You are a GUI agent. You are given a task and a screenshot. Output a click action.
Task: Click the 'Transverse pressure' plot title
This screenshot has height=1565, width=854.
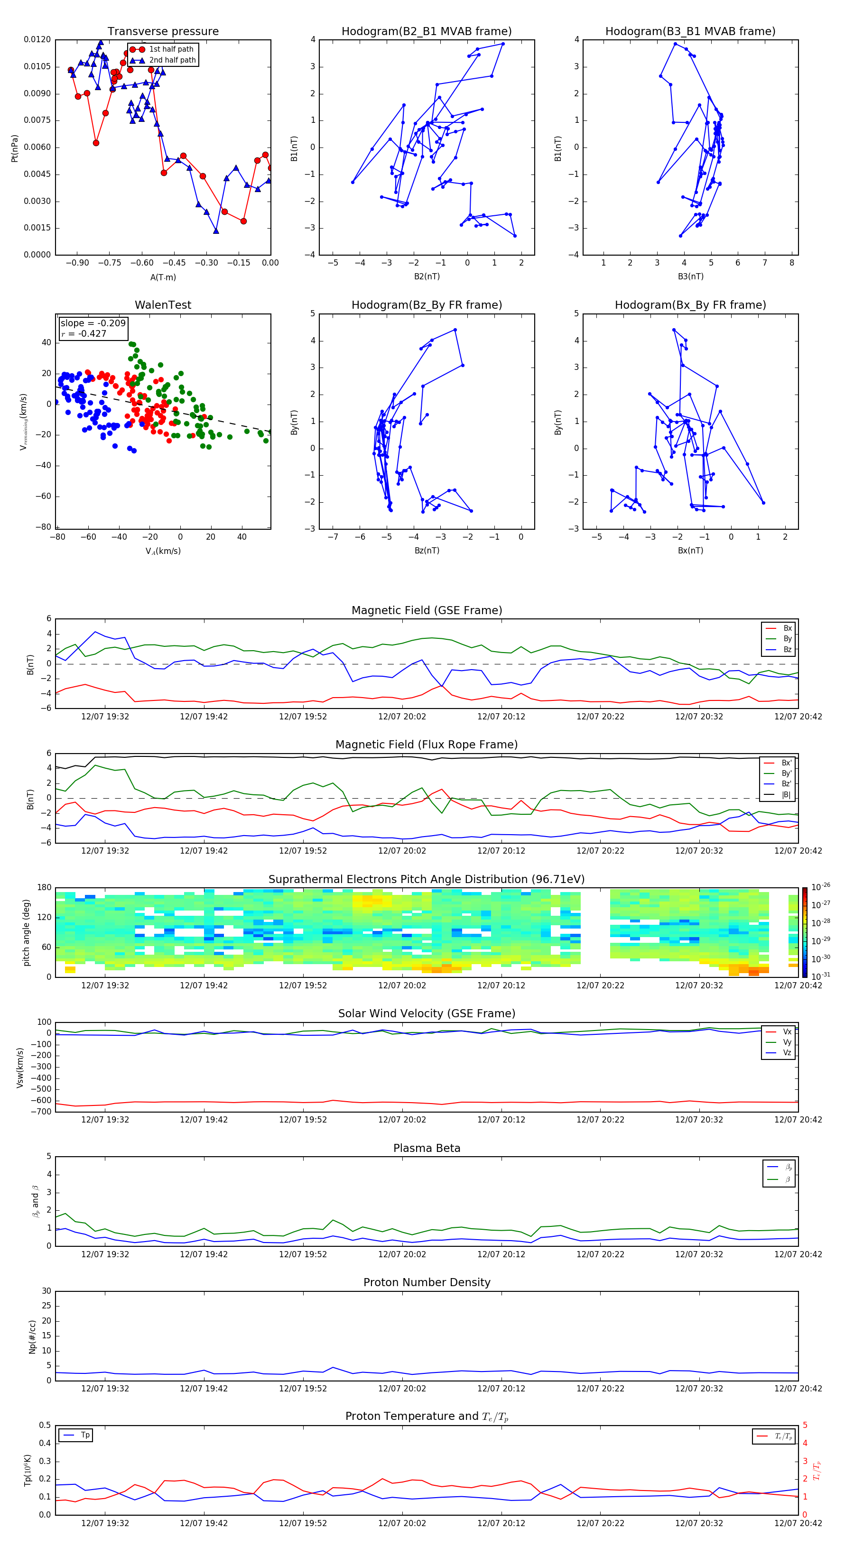coord(163,32)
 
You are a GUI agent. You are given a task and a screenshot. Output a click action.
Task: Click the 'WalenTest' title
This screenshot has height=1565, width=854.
coord(163,305)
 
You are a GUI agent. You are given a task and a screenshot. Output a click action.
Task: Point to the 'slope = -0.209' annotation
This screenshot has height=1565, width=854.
coord(93,323)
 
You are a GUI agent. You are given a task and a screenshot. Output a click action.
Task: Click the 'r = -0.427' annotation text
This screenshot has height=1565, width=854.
coord(84,333)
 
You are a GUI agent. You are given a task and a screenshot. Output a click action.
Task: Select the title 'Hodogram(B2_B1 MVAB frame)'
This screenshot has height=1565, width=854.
coord(426,32)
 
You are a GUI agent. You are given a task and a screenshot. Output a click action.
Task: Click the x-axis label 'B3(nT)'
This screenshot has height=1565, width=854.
coord(690,276)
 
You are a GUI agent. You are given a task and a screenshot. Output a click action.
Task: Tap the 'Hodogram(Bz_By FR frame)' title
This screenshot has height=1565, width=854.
coord(426,305)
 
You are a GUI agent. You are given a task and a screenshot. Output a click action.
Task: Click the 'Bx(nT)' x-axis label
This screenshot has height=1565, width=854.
coord(690,551)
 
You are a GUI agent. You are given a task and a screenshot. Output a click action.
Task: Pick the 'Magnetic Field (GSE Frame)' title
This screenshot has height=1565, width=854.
coord(426,610)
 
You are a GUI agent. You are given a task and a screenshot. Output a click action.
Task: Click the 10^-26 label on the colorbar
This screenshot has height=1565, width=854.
coord(820,887)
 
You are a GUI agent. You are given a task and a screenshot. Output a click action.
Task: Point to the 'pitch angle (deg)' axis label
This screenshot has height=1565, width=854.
coord(26,932)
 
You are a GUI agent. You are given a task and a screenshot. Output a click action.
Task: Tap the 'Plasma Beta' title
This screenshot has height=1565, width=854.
coord(426,1148)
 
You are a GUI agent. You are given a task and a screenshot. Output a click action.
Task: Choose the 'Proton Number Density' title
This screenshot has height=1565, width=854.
coord(426,1282)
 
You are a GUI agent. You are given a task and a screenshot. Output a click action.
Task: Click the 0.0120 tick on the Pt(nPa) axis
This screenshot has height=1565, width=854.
coord(37,39)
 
